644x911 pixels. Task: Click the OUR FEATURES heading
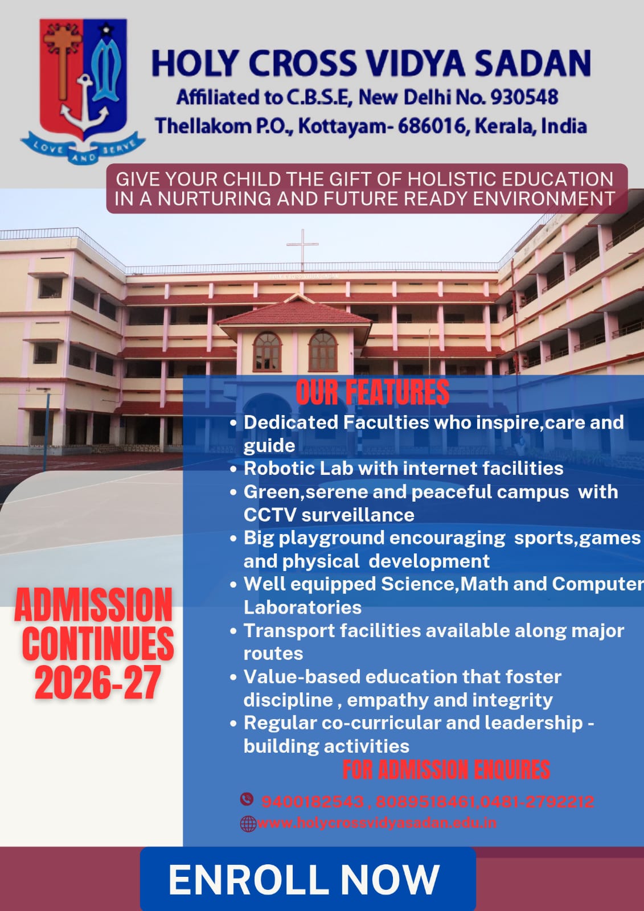[x=372, y=392]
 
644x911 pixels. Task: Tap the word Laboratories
[x=302, y=608]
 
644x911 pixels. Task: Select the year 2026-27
[x=97, y=682]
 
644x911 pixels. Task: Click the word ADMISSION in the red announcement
[x=93, y=605]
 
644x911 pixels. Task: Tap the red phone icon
[x=247, y=799]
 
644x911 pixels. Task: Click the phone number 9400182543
[x=312, y=802]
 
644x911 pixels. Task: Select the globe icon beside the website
[x=248, y=823]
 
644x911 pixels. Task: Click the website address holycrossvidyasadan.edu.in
[x=377, y=823]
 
